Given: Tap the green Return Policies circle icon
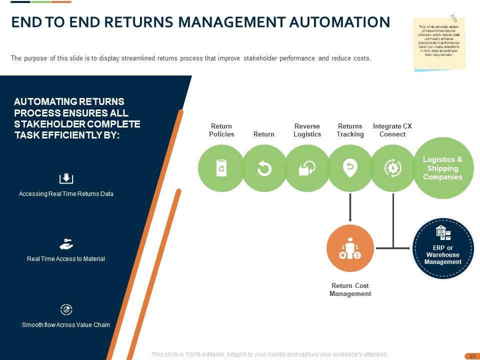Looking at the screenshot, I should [x=221, y=168].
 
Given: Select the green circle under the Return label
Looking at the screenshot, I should [x=264, y=168].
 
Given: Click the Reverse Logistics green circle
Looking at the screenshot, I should [x=307, y=168].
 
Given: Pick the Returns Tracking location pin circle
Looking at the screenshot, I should [x=350, y=168].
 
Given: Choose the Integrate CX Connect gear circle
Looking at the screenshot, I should [x=393, y=168].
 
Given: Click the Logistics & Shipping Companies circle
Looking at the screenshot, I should [x=442, y=168].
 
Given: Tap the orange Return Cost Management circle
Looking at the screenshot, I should [x=350, y=248].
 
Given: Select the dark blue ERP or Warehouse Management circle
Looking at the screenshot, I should [x=443, y=248].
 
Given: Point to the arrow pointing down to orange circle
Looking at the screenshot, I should [x=350, y=207].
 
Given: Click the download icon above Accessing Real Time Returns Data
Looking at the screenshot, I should [x=66, y=178].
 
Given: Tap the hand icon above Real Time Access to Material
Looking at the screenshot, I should [x=66, y=244].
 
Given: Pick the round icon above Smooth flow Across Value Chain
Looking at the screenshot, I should [x=66, y=309].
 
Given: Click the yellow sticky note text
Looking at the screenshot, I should [x=439, y=40].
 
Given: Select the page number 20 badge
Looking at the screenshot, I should [x=471, y=356].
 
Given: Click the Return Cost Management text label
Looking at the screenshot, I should [x=350, y=290].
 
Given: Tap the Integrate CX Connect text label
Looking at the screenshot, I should [x=392, y=130].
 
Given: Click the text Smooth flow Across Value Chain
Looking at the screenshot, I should [x=66, y=325].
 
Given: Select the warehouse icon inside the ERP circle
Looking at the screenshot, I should [x=443, y=233].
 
